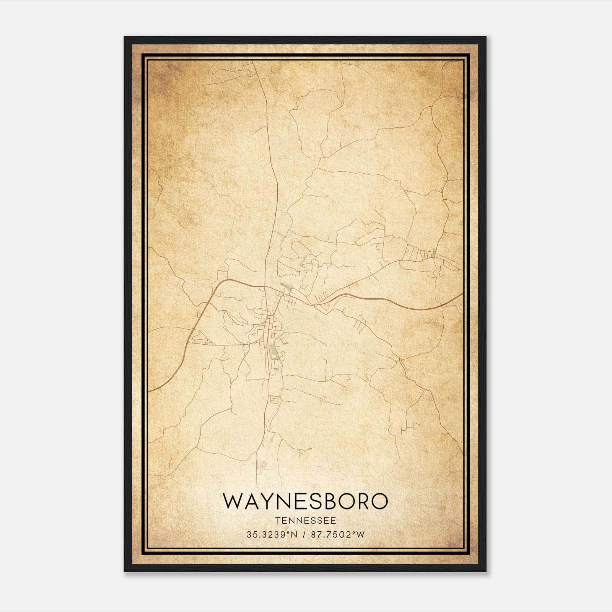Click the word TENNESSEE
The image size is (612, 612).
click(x=306, y=521)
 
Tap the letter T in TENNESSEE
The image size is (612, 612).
click(x=277, y=521)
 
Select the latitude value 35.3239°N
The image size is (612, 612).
click(x=272, y=534)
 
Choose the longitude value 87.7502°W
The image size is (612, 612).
click(x=338, y=534)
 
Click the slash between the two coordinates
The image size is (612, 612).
click(x=304, y=534)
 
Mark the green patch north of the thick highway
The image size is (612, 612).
click(x=285, y=286)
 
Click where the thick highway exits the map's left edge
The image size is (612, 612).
click(x=149, y=391)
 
